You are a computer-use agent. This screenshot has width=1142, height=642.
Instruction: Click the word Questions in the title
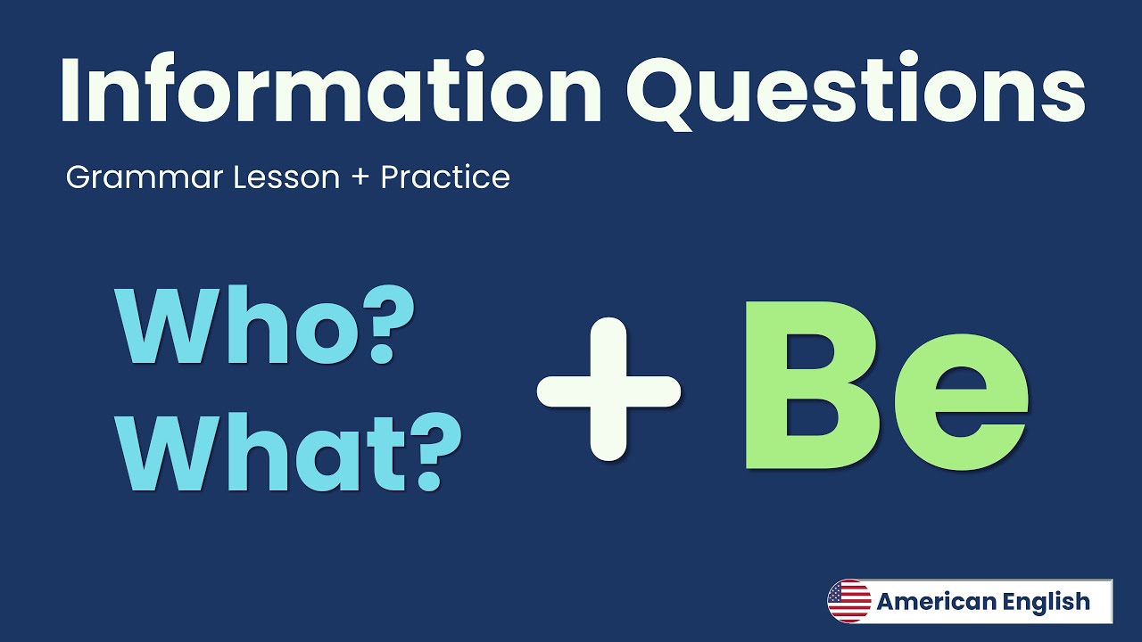pyautogui.click(x=856, y=89)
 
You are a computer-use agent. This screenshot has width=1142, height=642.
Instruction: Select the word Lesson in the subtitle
pyautogui.click(x=286, y=177)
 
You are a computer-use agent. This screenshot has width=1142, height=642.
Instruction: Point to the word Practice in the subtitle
pyautogui.click(x=445, y=177)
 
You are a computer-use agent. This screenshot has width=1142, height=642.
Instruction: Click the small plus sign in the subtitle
pyautogui.click(x=360, y=177)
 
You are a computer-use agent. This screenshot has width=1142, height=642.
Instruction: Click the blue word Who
pyautogui.click(x=232, y=327)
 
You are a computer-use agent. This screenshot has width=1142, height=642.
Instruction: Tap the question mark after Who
pyautogui.click(x=373, y=327)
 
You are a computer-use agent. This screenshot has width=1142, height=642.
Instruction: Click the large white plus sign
pyautogui.click(x=609, y=389)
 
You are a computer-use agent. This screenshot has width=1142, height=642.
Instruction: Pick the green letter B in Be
pyautogui.click(x=802, y=386)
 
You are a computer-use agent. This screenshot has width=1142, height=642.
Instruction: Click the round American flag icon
pyautogui.click(x=848, y=601)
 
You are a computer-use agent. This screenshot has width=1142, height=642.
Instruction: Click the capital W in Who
pyautogui.click(x=170, y=327)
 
